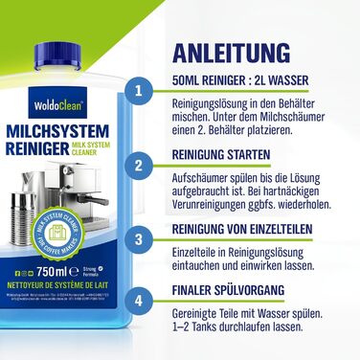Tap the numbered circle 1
click(141, 92)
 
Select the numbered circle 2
click(141, 166)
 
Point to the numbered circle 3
click(141, 237)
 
